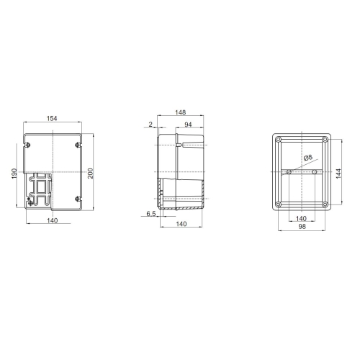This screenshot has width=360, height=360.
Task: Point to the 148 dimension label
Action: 181,112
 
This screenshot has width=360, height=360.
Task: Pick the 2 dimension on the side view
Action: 150,125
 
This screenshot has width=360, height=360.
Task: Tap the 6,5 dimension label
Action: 151,215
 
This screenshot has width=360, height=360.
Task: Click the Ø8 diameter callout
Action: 307,158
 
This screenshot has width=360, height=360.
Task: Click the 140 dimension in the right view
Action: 301,218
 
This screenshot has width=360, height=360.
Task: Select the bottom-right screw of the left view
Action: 77,199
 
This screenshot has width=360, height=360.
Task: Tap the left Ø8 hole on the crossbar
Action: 289,172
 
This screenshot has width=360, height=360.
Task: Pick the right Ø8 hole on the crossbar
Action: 314,172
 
